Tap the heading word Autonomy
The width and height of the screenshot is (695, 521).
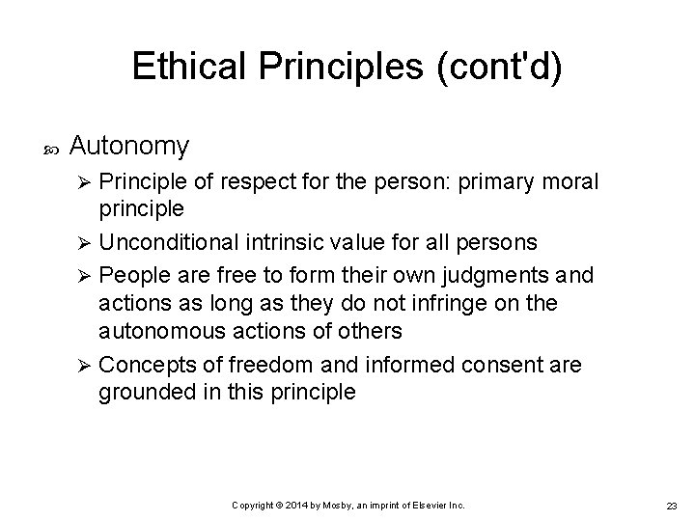coord(129,147)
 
